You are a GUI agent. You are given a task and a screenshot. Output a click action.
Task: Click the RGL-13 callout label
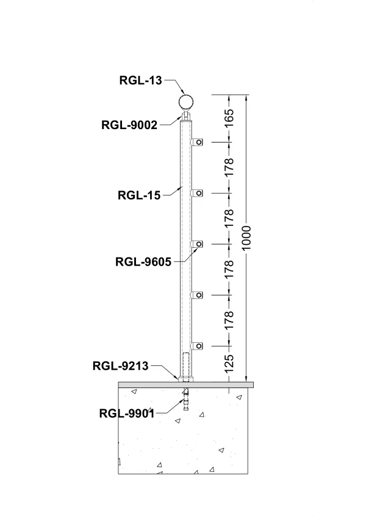[142, 79]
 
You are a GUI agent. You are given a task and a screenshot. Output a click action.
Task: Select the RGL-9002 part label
[129, 125]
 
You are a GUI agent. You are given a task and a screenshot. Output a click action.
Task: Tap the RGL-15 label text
[138, 195]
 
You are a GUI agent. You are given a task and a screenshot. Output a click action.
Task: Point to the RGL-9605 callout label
[143, 262]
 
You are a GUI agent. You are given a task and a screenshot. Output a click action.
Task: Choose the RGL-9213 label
[120, 366]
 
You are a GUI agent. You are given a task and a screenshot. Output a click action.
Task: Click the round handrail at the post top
[188, 101]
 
